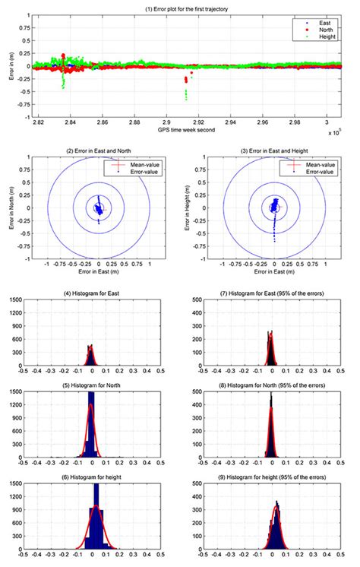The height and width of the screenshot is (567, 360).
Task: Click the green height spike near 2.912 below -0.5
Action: [186, 96]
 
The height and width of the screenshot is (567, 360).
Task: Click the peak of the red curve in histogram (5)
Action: [91, 404]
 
